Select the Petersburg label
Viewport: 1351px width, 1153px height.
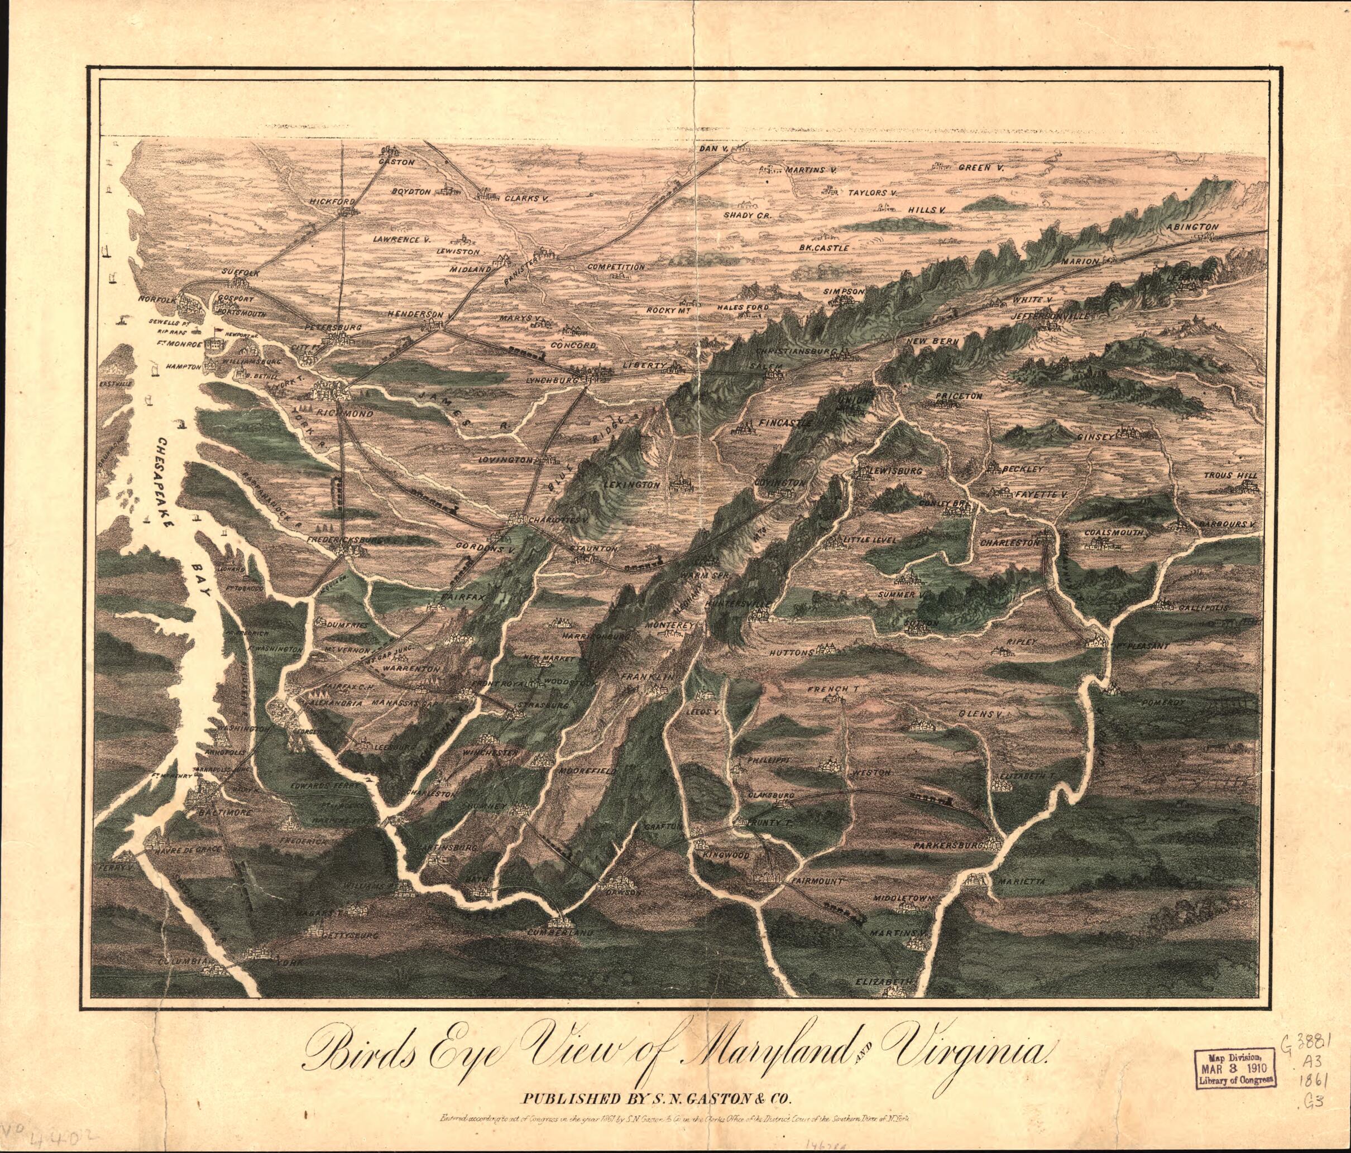333,326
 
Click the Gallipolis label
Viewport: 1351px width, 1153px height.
1203,607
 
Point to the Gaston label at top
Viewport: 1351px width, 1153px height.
396,162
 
